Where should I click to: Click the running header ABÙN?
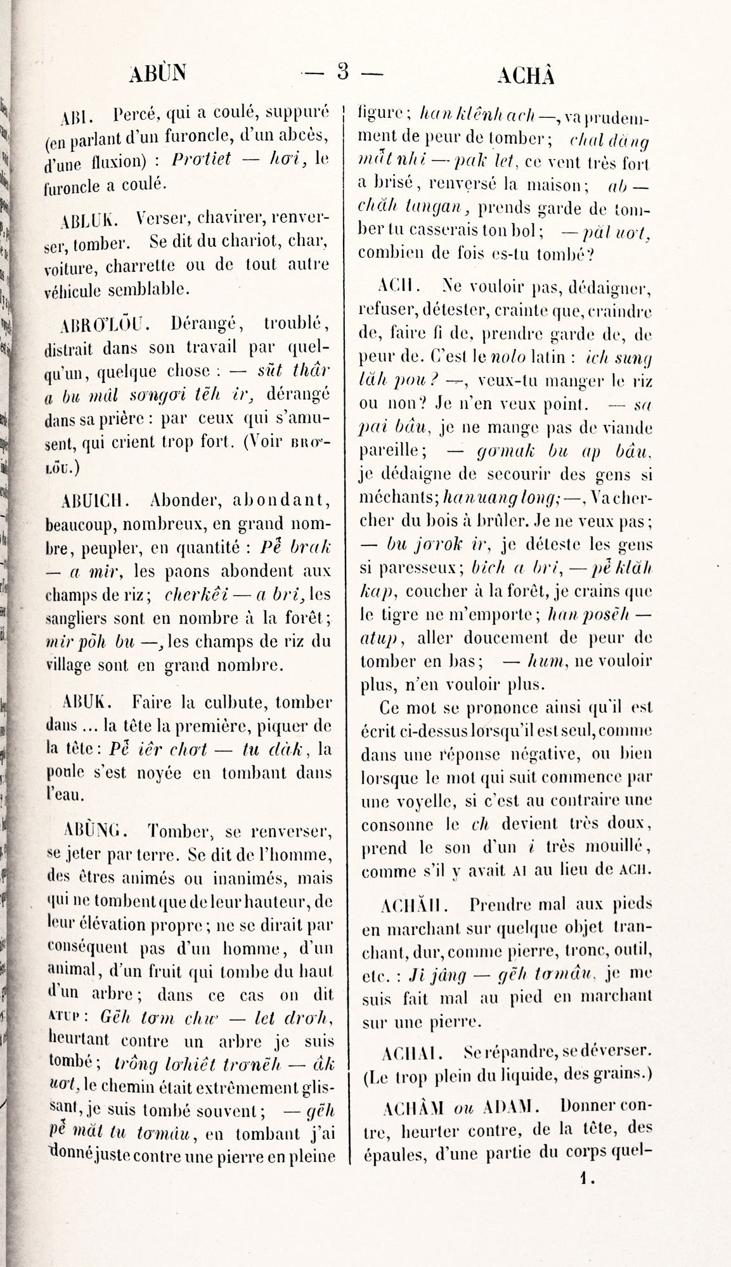tap(158, 73)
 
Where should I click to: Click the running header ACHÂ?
tap(526, 75)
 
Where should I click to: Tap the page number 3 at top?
tap(343, 72)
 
